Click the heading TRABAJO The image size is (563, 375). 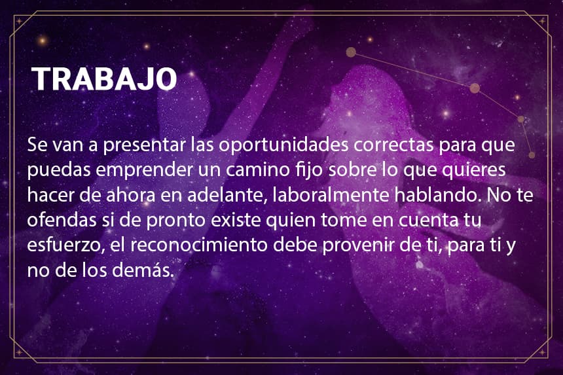[104, 79]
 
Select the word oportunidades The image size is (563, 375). [283, 145]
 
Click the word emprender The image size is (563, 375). [144, 170]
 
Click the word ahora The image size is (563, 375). [131, 195]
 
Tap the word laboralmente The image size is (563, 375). [331, 195]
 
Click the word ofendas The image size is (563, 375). [62, 220]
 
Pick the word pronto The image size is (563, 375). [175, 221]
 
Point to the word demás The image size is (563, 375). [143, 270]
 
